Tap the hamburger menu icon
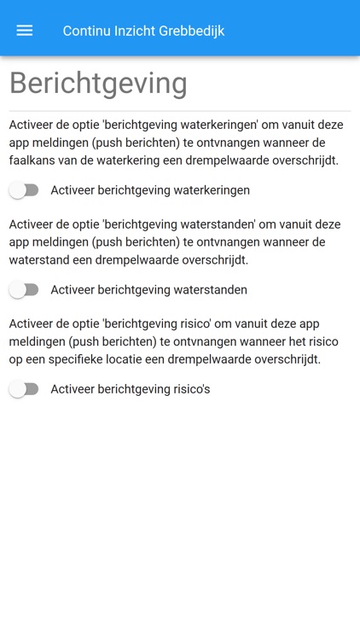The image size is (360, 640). (25, 31)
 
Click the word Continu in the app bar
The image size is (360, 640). (88, 31)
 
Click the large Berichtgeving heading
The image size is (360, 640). (98, 84)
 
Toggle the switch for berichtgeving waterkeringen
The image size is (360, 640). (24, 190)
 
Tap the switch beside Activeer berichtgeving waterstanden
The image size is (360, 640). (24, 290)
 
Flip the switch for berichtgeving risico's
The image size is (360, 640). (24, 389)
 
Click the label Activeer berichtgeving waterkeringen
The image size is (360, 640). (150, 190)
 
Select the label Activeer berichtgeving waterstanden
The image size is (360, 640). (148, 290)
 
